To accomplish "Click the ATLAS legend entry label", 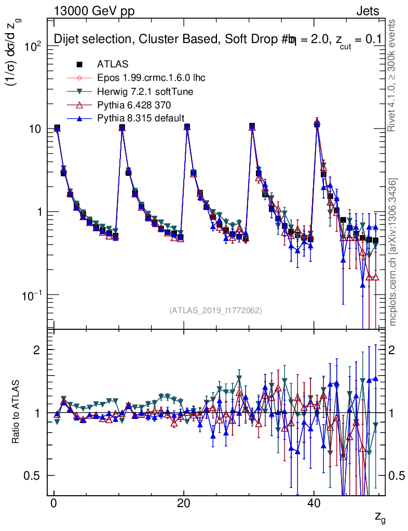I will pyautogui.click(x=113, y=64).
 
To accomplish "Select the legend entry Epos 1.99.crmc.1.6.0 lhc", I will pyautogui.click(x=151, y=78).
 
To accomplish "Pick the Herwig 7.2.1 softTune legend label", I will pyautogui.click(x=145, y=91).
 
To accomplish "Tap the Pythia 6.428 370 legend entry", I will pyautogui.click(x=134, y=105).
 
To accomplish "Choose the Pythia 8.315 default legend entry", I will pyautogui.click(x=141, y=118).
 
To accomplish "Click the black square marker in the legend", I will pyautogui.click(x=79, y=64).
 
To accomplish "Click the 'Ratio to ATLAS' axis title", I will pyautogui.click(x=16, y=412).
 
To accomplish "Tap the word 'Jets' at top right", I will pyautogui.click(x=368, y=11).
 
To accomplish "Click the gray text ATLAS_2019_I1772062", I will pyautogui.click(x=215, y=311).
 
